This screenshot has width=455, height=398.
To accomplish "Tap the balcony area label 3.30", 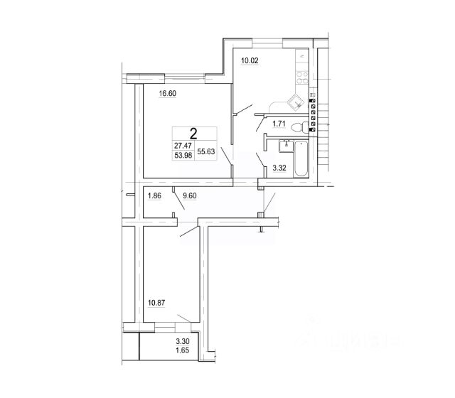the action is tap(183, 343).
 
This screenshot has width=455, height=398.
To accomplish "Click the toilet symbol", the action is tap(306, 128).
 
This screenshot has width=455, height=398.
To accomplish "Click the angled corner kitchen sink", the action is tap(298, 99).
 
